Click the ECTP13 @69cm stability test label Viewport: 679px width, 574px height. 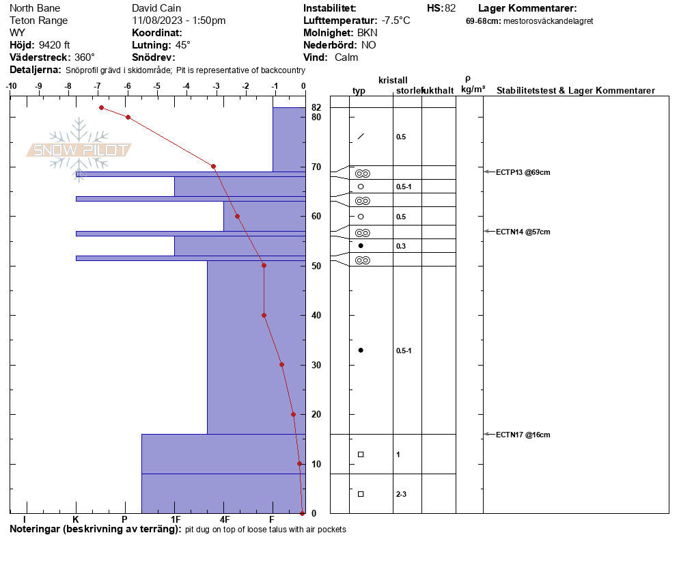pos(523,172)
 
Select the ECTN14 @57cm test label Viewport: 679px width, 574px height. pos(523,232)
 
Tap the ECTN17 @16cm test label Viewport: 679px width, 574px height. pos(523,435)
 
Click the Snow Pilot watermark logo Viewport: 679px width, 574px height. pos(79,150)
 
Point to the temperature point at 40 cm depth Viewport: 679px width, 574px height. pos(264,316)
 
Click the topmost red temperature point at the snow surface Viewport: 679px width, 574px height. pos(101,107)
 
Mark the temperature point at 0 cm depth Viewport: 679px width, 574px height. pos(302,513)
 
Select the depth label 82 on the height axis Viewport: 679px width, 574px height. pos(316,107)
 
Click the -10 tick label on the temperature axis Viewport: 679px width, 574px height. pos(11,86)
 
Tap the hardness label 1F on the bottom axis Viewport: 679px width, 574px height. pos(176,519)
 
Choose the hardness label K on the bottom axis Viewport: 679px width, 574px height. pos(75,519)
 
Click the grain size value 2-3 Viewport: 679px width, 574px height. pos(401,494)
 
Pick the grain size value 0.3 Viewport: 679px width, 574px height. pos(401,246)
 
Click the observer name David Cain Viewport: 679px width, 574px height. pos(156,8)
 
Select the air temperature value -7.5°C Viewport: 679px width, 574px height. pos(396,20)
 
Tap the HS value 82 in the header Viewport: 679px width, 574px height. pos(450,8)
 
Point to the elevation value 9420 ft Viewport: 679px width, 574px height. pos(54,45)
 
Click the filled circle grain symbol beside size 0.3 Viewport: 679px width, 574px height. pos(361,245)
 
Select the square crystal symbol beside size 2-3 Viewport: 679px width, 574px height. pos(361,494)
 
